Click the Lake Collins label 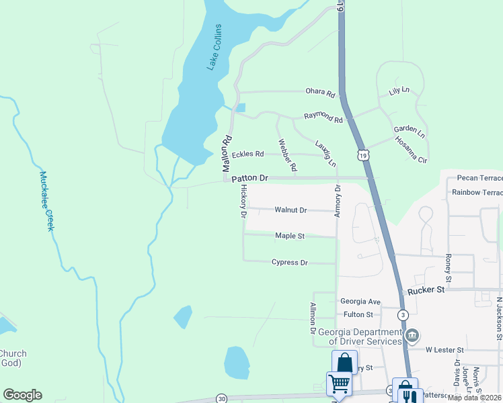point(214,47)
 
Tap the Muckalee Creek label point(46,201)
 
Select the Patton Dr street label point(250,179)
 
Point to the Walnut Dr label point(291,210)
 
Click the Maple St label point(290,236)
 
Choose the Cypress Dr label point(289,262)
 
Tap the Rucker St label point(426,291)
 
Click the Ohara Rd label point(320,93)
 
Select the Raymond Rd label point(323,118)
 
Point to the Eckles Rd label point(247,154)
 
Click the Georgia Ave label point(360,302)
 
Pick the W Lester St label point(444,350)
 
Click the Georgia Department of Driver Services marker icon point(412,334)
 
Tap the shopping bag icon point(344,363)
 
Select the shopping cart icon point(339,384)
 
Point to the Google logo point(22,395)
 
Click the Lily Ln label point(399,91)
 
